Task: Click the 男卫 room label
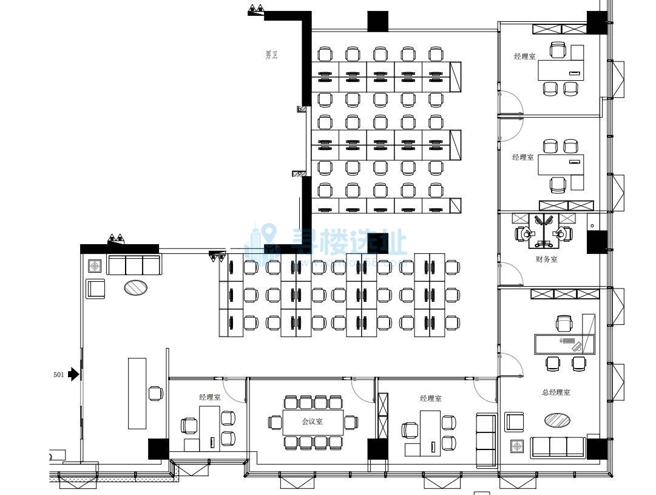coord(271,55)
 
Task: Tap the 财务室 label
coord(546,259)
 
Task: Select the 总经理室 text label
coord(555,392)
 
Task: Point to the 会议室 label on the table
coord(313,422)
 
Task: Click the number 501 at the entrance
coord(59,375)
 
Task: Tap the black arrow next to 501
coord(74,374)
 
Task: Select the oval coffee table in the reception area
coord(136,287)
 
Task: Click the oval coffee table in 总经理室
coord(557,420)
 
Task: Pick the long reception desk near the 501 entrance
coord(137,393)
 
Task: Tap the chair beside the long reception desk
coord(156,393)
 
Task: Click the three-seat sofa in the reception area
coord(134,265)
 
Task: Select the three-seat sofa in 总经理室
coord(558,447)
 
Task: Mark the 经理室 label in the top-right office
coord(524,56)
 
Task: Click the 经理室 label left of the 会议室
coord(209,397)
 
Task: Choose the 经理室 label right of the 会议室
coord(430,398)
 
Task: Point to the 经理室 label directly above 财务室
coord(522,157)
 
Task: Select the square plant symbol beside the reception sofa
coord(95,266)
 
